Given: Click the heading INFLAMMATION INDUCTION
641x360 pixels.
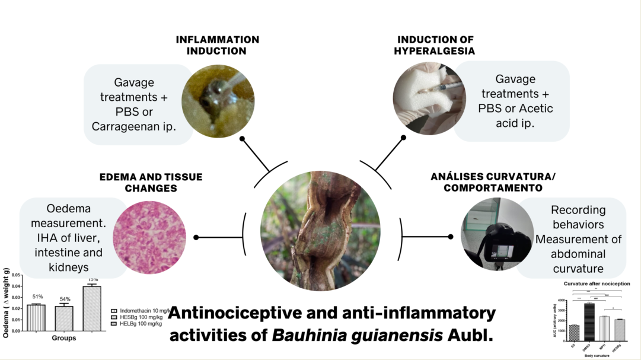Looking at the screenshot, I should coord(217,45).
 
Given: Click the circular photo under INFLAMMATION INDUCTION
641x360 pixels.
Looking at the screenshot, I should coord(218,101).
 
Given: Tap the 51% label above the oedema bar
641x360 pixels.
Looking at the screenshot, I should coord(37,297).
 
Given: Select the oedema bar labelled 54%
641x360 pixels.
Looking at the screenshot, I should coord(63,318).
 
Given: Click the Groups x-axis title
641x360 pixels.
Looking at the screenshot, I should coord(63,339).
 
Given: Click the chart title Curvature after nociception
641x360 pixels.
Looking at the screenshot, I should coord(597,284).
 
